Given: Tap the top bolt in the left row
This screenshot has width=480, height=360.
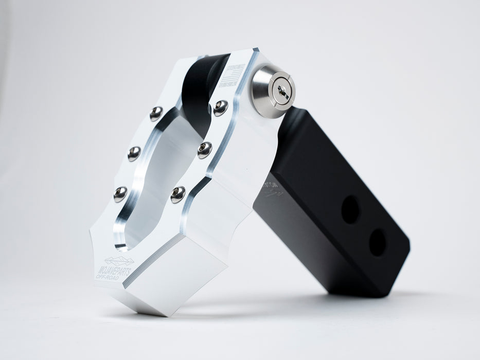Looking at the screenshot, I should point(156,113).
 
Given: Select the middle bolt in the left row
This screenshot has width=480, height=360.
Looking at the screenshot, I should point(134,153).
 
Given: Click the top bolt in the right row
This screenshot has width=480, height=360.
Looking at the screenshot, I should point(221,107).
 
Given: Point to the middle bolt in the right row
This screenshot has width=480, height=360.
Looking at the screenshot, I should point(204,150).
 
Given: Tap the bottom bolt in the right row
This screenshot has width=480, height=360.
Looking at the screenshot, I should point(178,194).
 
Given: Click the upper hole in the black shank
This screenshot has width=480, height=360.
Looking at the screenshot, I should point(350,209).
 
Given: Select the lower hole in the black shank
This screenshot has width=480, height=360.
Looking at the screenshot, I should point(378,242).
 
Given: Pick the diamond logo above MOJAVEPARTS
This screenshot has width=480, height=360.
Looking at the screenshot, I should point(119,261).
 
